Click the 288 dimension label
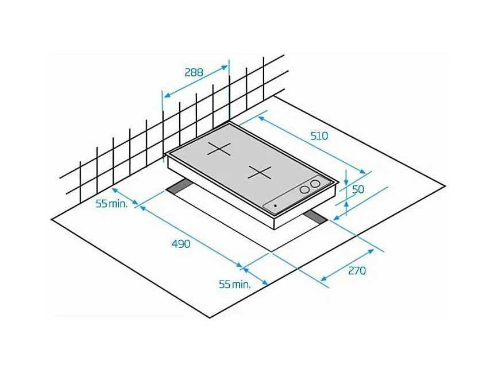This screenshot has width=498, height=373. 194,72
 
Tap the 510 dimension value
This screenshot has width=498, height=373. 319,136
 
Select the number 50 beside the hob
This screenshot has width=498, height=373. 358,189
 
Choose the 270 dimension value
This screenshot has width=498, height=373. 357,270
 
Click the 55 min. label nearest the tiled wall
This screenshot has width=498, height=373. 111,204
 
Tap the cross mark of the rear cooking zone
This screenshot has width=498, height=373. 219,149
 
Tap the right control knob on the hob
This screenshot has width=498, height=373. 315,184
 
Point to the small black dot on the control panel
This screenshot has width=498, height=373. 276,205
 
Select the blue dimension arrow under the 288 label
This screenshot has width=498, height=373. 196,82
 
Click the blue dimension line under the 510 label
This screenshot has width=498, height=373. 313,146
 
